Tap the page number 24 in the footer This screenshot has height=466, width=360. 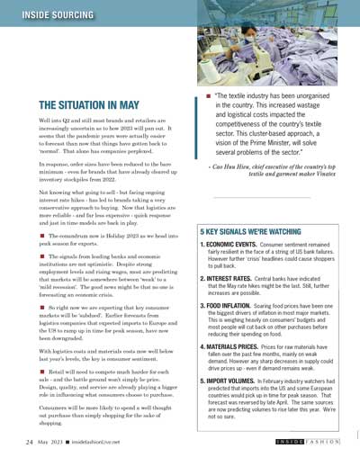(x=29, y=444)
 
